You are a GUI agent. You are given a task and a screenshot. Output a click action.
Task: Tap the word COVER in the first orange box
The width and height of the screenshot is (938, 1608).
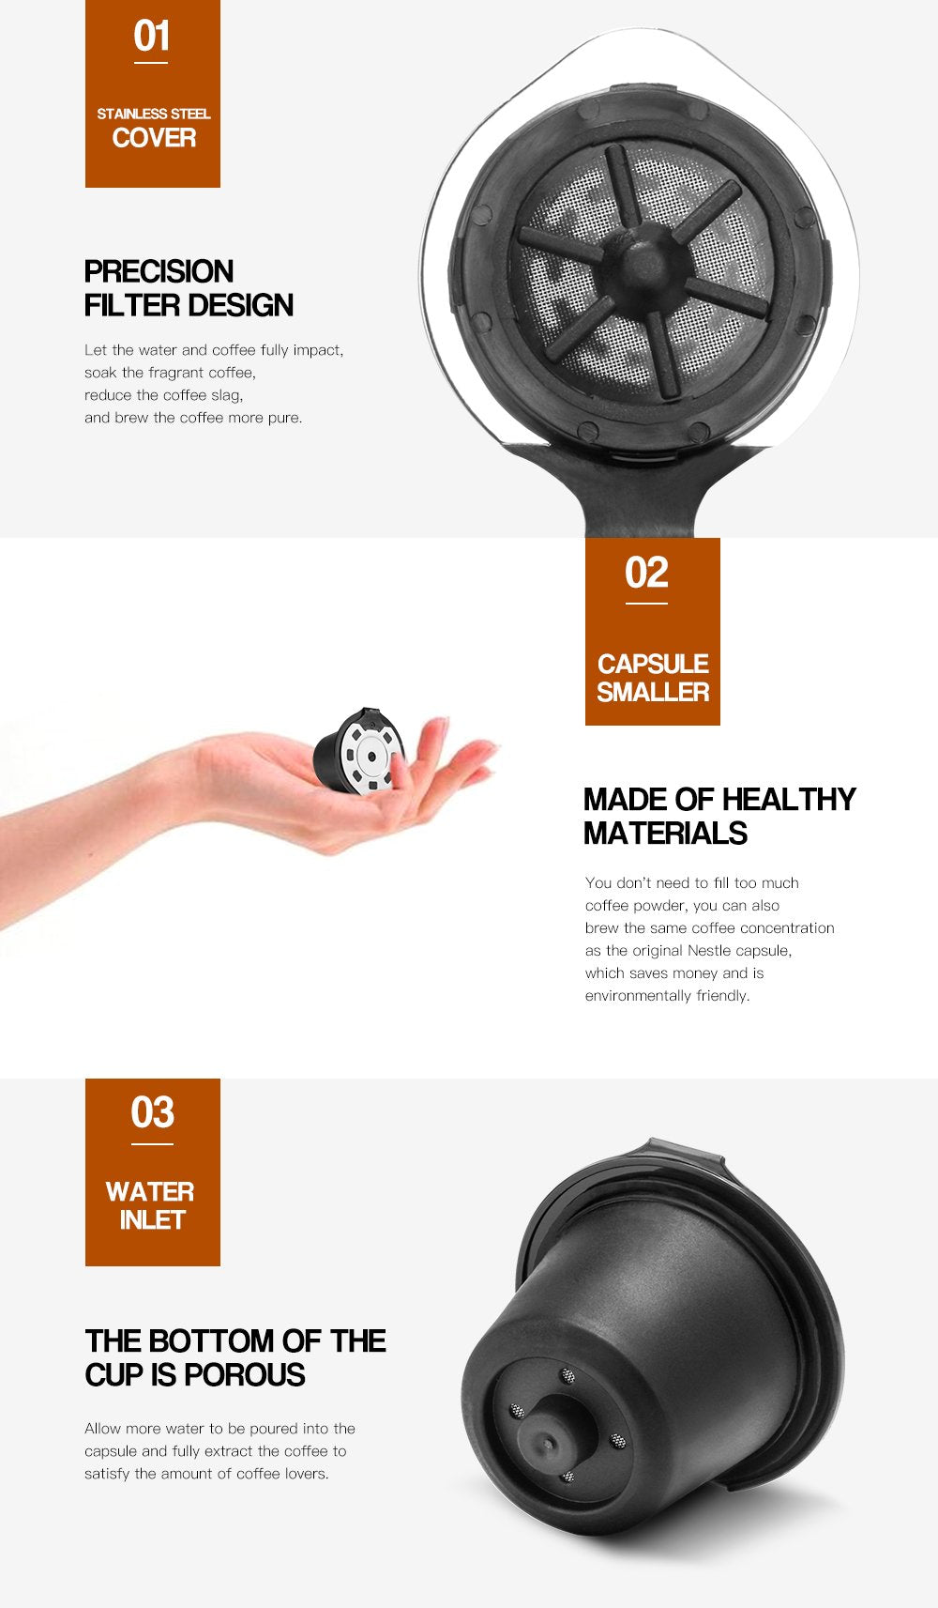click(x=154, y=138)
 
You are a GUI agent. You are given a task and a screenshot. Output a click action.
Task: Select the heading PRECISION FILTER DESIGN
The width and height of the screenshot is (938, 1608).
click(x=189, y=288)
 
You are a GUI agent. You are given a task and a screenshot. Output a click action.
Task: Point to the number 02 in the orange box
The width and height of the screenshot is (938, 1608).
click(x=646, y=573)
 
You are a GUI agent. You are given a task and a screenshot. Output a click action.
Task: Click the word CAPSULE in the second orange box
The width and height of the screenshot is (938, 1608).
click(x=653, y=664)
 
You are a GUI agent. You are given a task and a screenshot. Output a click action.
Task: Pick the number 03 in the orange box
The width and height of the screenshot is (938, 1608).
click(x=152, y=1112)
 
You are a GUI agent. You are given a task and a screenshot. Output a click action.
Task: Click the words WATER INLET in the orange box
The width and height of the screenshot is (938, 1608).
click(x=151, y=1205)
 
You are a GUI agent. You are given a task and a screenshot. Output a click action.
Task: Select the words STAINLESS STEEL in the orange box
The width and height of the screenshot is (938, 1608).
click(x=154, y=114)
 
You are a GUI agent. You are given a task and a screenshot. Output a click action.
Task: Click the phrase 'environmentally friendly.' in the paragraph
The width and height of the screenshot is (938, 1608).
click(x=667, y=995)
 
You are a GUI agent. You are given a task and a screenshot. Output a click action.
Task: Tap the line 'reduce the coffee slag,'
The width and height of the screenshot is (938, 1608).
click(x=163, y=395)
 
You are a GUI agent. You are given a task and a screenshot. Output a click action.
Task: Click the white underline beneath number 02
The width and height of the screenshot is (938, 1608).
click(x=646, y=603)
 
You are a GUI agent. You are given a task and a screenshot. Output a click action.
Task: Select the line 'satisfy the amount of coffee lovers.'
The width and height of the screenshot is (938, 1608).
click(x=206, y=1473)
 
